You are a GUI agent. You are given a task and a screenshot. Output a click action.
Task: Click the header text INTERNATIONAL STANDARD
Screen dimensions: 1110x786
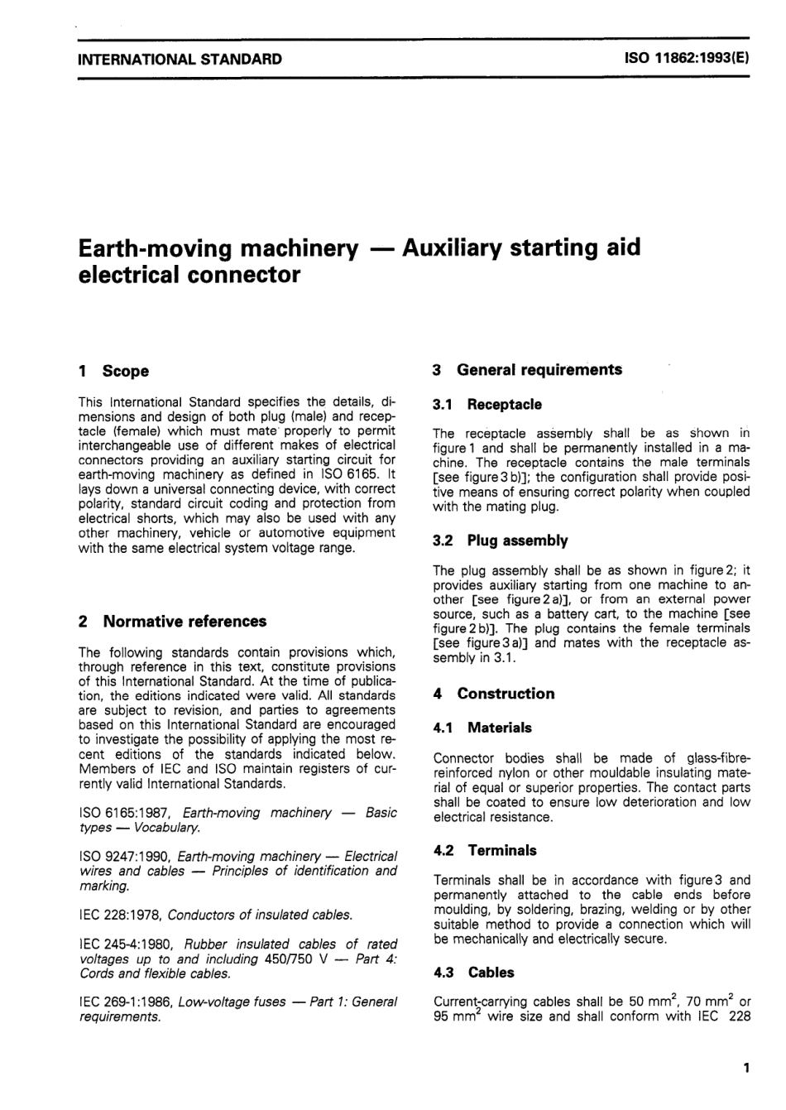pyautogui.click(x=180, y=60)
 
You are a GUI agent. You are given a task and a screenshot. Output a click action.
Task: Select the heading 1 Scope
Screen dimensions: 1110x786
pyautogui.click(x=113, y=371)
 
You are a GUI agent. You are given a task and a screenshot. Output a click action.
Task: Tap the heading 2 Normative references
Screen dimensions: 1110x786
pyautogui.click(x=172, y=622)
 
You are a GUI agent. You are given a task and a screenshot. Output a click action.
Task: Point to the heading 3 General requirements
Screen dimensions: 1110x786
pyautogui.click(x=527, y=370)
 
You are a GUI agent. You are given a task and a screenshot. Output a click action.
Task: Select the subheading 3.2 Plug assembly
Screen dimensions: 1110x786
pyautogui.click(x=501, y=541)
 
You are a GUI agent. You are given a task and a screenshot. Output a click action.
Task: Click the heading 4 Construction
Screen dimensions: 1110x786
pyautogui.click(x=494, y=694)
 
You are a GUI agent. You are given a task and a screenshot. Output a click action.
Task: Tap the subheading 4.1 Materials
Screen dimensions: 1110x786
pyautogui.click(x=483, y=728)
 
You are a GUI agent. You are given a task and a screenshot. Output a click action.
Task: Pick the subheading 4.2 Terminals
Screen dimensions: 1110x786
pyautogui.click(x=485, y=850)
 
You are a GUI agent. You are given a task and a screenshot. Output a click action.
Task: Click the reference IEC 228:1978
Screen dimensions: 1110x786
pyautogui.click(x=122, y=915)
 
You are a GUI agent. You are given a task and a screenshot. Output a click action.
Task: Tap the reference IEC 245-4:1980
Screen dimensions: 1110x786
pyautogui.click(x=127, y=944)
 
